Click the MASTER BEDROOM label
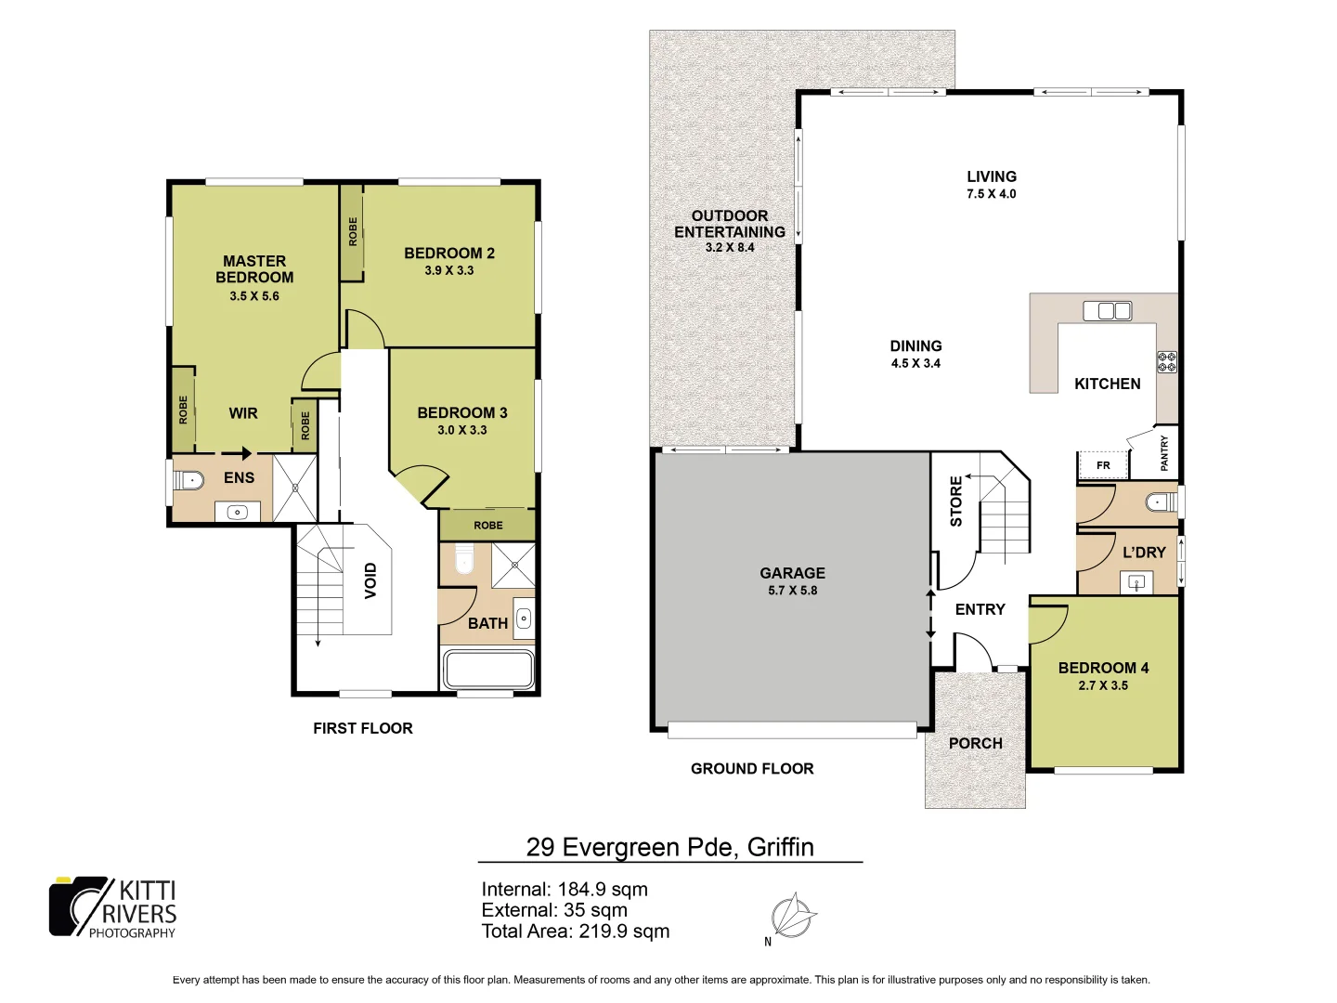254,269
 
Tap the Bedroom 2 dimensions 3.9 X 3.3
449,270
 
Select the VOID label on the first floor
371,580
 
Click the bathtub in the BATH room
488,669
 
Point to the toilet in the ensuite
189,480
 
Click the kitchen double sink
1108,310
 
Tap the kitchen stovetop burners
1166,361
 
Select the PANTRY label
1164,453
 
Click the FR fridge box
1103,465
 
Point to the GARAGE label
792,573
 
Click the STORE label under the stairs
956,501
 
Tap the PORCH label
975,743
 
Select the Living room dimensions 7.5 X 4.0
991,194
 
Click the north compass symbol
793,916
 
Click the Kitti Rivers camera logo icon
79,906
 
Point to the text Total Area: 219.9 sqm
575,931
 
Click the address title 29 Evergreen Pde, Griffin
669,847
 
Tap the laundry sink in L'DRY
1136,583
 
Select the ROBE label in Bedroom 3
488,526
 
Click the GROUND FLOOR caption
752,768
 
